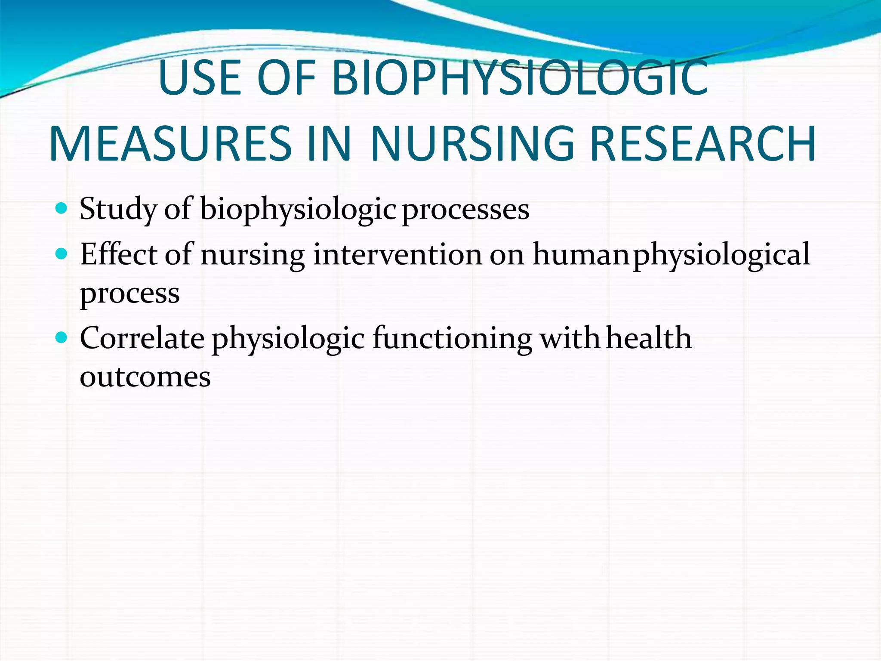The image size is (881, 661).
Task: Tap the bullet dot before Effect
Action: point(62,254)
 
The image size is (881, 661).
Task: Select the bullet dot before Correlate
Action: point(62,338)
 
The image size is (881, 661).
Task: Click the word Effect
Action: point(118,254)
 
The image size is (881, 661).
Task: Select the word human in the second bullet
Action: point(581,254)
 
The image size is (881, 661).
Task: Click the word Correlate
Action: point(142,338)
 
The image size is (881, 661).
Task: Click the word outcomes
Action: point(145,377)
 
